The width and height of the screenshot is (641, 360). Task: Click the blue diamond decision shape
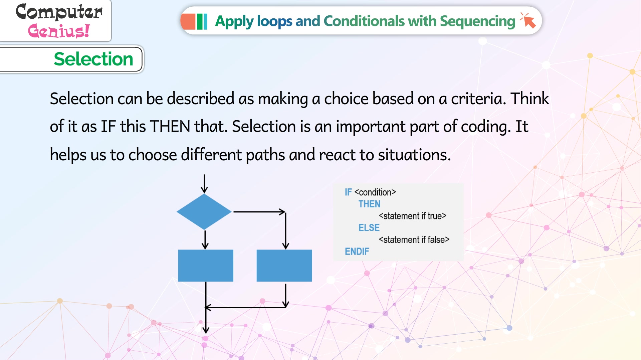pos(204,212)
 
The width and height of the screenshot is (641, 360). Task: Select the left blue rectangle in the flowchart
pos(206,265)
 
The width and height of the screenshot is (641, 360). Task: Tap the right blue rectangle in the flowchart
pos(284,265)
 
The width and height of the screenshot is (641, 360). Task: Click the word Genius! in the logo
pos(59,31)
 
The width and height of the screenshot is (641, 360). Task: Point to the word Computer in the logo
pos(59,12)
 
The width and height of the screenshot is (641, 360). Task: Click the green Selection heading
pos(93,59)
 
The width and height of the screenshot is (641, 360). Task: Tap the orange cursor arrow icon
pos(528,20)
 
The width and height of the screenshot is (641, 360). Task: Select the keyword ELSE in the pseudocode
pos(369,228)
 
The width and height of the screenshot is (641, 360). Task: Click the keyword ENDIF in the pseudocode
pos(357,251)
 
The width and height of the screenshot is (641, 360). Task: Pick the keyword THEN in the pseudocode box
pos(369,204)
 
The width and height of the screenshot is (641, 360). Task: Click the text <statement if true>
pos(413,216)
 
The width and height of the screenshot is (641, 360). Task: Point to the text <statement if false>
pos(414,240)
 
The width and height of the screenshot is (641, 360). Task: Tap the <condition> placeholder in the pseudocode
pos(375,192)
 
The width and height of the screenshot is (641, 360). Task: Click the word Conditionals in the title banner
pos(364,21)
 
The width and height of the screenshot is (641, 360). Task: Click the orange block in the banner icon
pos(188,21)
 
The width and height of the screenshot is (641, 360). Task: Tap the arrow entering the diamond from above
pos(204,184)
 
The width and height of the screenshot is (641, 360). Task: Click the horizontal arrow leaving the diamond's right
pos(259,212)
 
